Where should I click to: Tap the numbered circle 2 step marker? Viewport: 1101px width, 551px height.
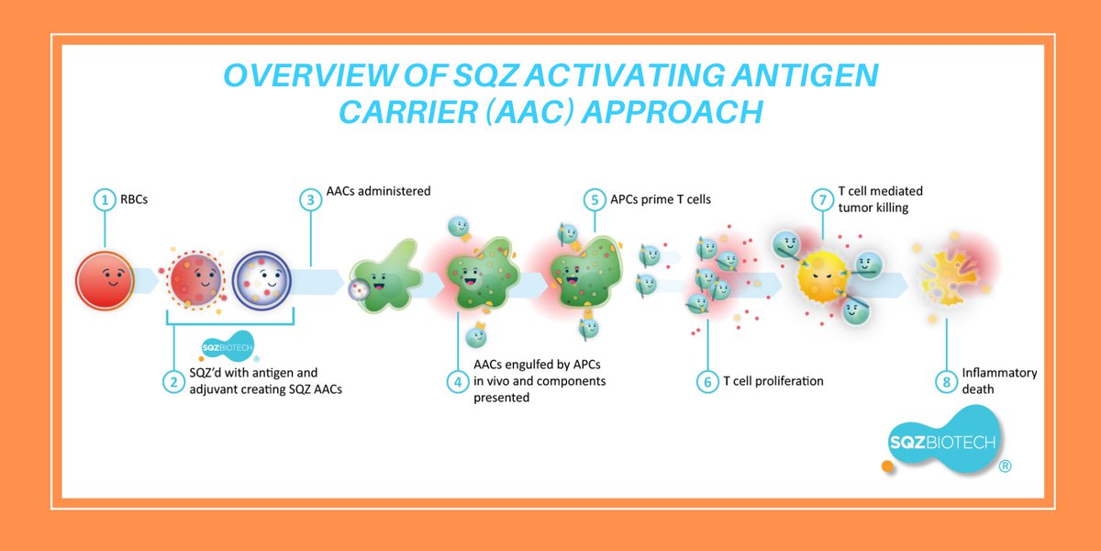click(x=173, y=380)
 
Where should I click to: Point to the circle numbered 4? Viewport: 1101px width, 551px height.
click(x=457, y=380)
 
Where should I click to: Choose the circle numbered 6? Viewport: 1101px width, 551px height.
click(x=706, y=380)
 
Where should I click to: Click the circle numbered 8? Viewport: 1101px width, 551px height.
click(x=945, y=380)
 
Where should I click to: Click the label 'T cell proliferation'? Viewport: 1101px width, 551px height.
click(x=773, y=380)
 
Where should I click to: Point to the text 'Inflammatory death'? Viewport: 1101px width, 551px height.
click(x=999, y=381)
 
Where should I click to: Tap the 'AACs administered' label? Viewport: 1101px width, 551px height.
click(x=379, y=191)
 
